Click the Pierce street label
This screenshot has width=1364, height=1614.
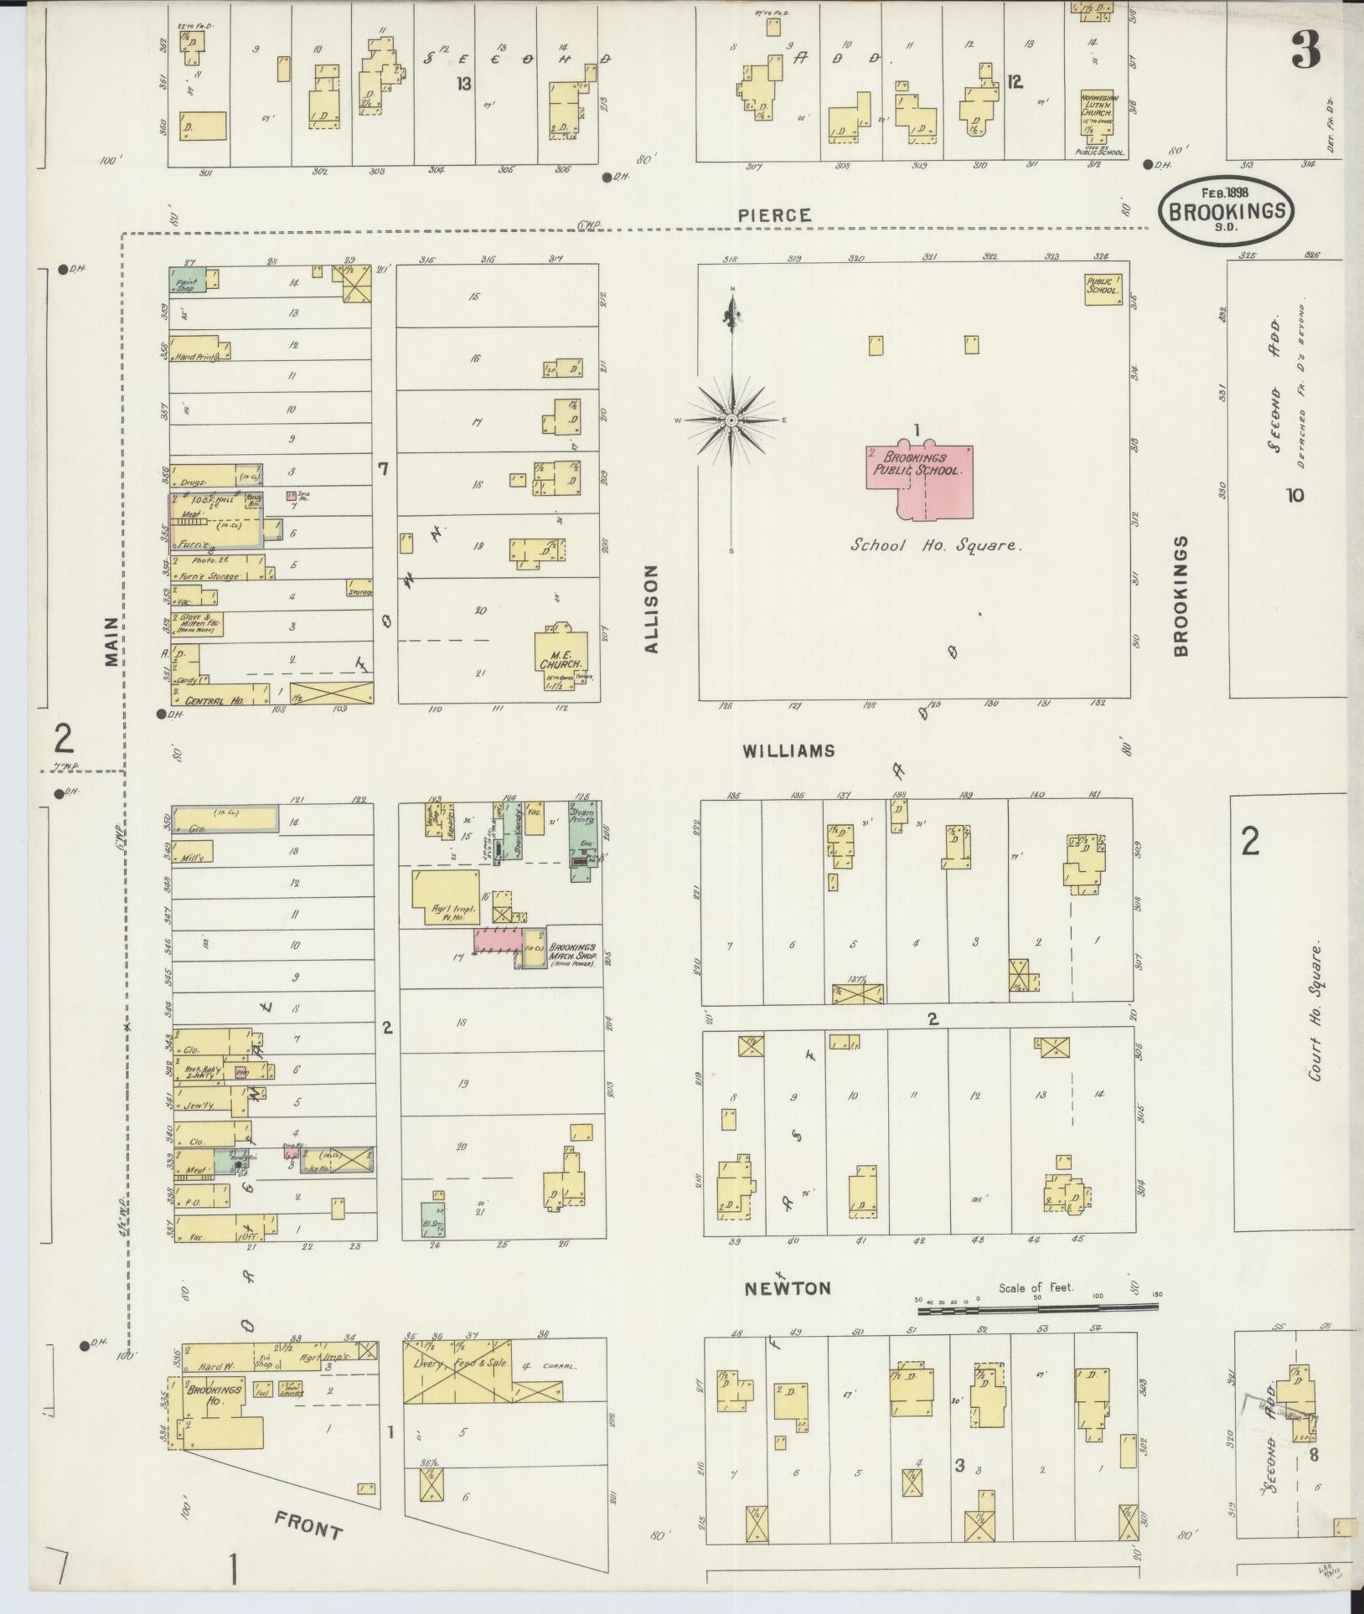click(774, 215)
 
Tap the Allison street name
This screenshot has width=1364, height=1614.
click(653, 608)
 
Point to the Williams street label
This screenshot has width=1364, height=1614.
click(788, 750)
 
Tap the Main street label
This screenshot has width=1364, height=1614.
click(112, 641)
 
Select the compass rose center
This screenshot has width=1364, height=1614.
click(731, 419)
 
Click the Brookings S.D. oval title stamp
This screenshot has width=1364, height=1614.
click(1226, 210)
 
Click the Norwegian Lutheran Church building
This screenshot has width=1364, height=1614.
click(1100, 122)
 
